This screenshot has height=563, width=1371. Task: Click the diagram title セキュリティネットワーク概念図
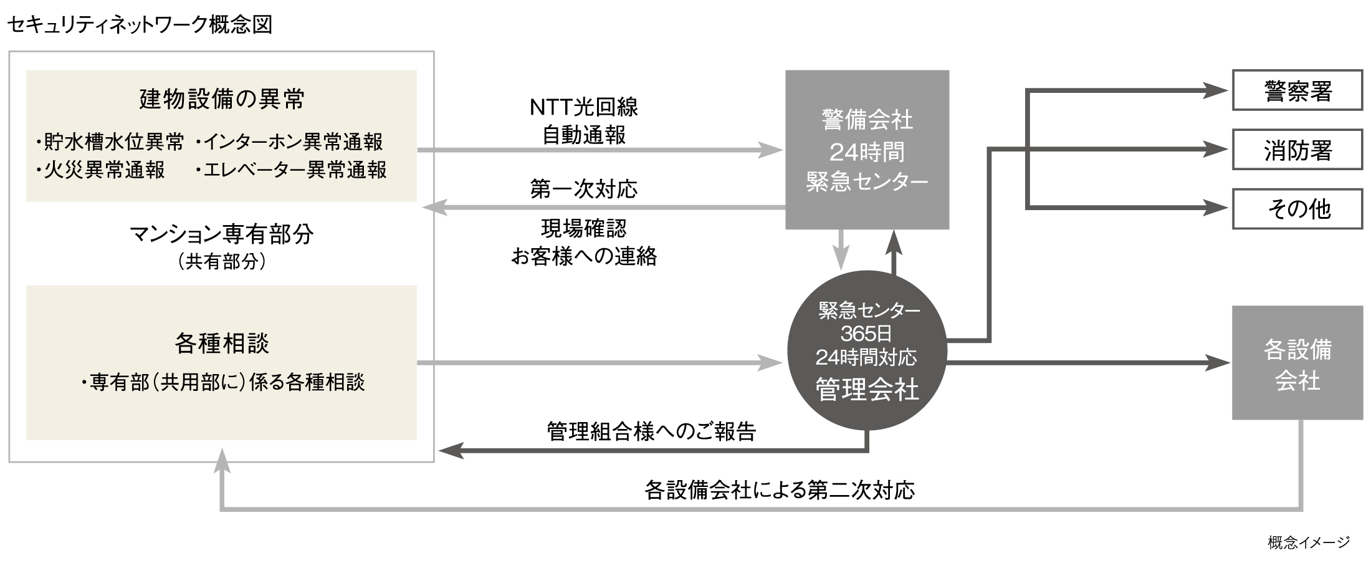(140, 25)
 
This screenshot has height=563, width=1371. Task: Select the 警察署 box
(1297, 91)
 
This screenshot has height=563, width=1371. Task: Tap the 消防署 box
(1297, 150)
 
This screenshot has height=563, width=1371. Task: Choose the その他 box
(1297, 208)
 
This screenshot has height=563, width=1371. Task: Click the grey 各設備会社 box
(1297, 363)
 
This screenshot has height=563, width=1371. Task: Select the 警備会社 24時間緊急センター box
(867, 150)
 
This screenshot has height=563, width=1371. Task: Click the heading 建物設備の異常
(222, 99)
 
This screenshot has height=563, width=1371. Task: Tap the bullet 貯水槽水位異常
(111, 142)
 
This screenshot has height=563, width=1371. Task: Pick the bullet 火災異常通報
(101, 170)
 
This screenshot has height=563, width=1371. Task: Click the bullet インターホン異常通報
(290, 142)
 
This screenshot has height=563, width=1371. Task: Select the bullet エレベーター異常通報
(292, 170)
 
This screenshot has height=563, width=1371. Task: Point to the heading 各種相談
(222, 344)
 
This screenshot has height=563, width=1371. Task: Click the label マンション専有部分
(222, 234)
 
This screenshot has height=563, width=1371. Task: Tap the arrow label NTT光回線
(584, 107)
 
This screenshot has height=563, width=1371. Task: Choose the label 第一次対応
(584, 189)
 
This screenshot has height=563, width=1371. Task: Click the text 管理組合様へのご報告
(651, 431)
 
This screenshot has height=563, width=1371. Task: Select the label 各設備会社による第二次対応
(780, 490)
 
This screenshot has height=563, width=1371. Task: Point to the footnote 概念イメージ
(1309, 542)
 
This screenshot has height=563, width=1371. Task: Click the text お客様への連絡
(584, 256)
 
